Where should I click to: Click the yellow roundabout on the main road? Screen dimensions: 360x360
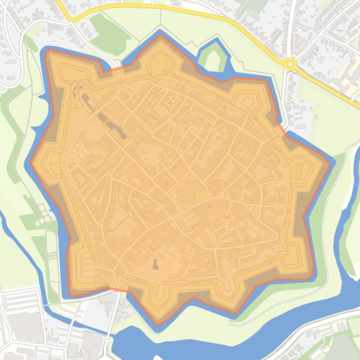coord(291,64)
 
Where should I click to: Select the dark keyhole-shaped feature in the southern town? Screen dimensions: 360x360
coord(155,264)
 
